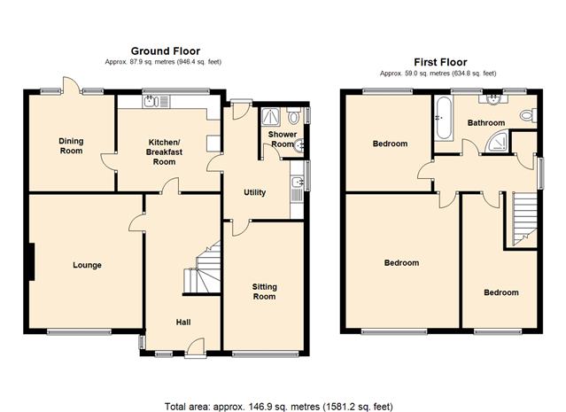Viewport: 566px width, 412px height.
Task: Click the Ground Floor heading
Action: pos(166,51)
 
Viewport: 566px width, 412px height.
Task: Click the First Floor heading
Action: pos(440,63)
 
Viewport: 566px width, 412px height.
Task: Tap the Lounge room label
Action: pos(87,266)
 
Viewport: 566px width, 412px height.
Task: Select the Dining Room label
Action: pos(71,146)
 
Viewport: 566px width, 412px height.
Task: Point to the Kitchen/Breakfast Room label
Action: pos(164,152)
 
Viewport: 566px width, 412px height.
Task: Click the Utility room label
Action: pos(255,192)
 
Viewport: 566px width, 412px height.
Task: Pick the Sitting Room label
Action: pos(265,292)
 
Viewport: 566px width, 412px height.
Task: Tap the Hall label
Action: pos(183,323)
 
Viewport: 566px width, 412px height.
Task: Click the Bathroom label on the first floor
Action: pos(486,123)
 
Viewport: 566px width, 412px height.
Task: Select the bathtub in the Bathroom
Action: pos(444,119)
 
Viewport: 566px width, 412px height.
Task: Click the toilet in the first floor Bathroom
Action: pos(529,115)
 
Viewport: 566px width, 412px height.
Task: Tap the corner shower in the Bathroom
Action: pos(497,141)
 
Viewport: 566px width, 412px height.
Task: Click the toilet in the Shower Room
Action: pos(293,115)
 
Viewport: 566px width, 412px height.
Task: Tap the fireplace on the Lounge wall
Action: pos(31,261)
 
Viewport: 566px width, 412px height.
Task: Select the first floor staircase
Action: pos(525,219)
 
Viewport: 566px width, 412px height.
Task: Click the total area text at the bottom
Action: pos(279,407)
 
